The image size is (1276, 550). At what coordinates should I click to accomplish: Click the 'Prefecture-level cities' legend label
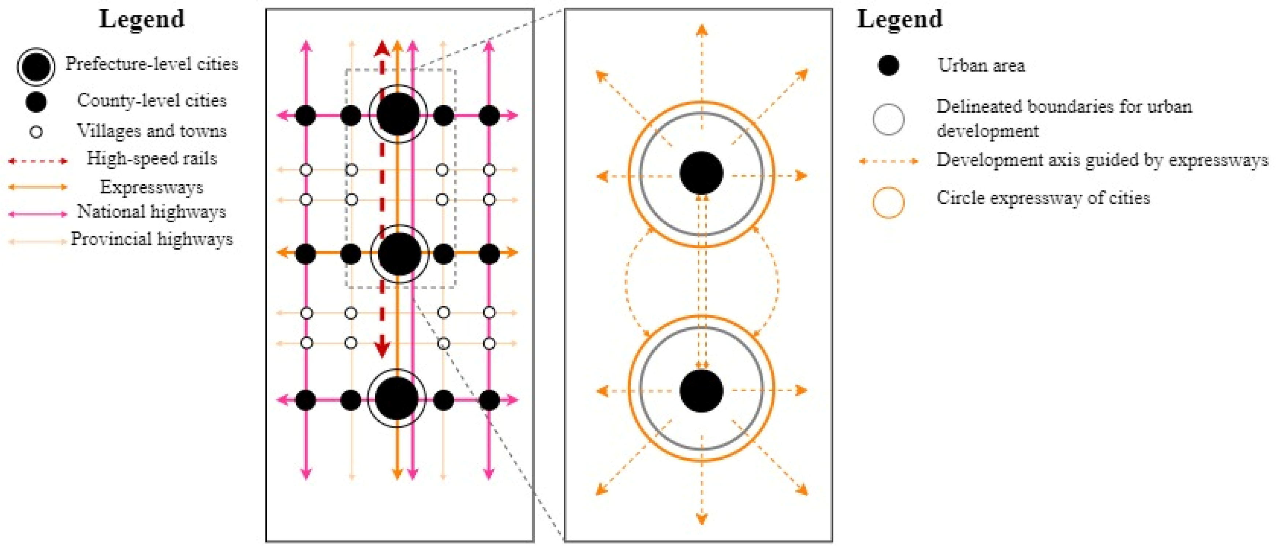152,64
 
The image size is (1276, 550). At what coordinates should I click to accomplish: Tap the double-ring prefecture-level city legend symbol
36,66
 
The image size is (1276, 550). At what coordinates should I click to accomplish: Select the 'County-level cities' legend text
152,101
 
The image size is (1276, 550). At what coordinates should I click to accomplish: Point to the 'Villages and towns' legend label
152,131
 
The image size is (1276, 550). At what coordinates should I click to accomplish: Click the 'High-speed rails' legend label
152,158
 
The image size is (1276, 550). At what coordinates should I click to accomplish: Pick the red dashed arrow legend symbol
38,161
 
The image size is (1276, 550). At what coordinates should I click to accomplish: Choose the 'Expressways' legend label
152,187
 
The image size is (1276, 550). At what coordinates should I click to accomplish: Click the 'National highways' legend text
152,211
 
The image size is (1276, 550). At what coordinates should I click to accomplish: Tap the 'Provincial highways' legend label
152,239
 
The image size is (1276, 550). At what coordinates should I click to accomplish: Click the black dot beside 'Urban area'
888,65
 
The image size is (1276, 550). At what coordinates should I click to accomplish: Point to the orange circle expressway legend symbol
888,203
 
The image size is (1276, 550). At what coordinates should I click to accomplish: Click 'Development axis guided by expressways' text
1102,160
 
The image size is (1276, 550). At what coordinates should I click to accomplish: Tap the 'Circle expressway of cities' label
1043,198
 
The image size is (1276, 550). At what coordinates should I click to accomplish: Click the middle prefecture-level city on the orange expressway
399,253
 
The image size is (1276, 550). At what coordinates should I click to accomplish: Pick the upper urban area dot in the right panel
701,173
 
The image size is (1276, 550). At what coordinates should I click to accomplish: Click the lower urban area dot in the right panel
701,391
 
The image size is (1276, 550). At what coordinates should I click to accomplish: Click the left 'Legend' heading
142,20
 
